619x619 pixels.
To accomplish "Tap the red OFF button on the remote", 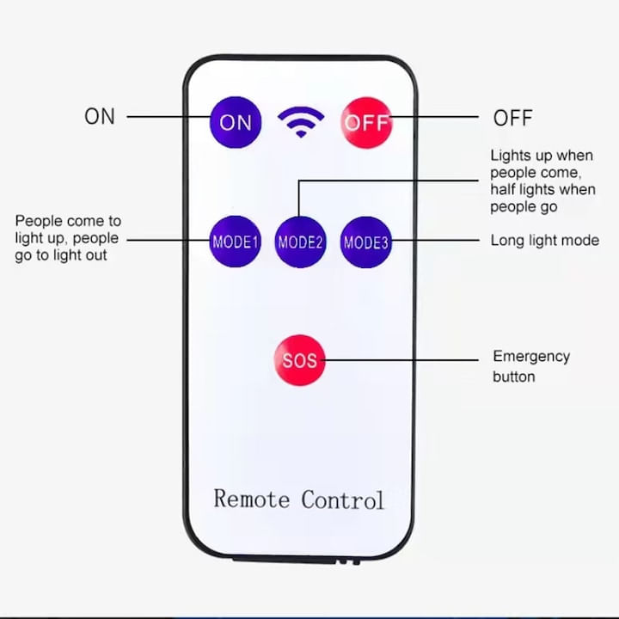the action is pyautogui.click(x=366, y=123).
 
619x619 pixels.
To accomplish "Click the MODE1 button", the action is pyautogui.click(x=236, y=242).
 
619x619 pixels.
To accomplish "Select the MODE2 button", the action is pyautogui.click(x=300, y=242).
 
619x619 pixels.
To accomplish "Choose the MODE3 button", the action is pyautogui.click(x=366, y=242).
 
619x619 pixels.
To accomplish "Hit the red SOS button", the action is pyautogui.click(x=300, y=360).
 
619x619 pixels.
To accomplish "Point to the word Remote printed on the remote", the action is pyautogui.click(x=252, y=499).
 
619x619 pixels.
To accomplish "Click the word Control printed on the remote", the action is pyautogui.click(x=343, y=499).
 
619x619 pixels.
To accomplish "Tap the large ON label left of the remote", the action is pyautogui.click(x=100, y=116).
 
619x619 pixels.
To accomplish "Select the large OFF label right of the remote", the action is pyautogui.click(x=512, y=118).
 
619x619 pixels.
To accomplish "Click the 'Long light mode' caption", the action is pyautogui.click(x=545, y=240).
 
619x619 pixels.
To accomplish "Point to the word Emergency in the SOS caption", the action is pyautogui.click(x=531, y=357).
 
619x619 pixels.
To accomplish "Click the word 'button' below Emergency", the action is pyautogui.click(x=514, y=377).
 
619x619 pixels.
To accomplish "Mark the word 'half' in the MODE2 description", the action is pyautogui.click(x=503, y=189).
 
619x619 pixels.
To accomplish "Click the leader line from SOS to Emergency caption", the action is pyautogui.click(x=401, y=360).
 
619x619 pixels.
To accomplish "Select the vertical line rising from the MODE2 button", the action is pyautogui.click(x=299, y=199).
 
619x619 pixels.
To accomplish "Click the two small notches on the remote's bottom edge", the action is pyautogui.click(x=348, y=561).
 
